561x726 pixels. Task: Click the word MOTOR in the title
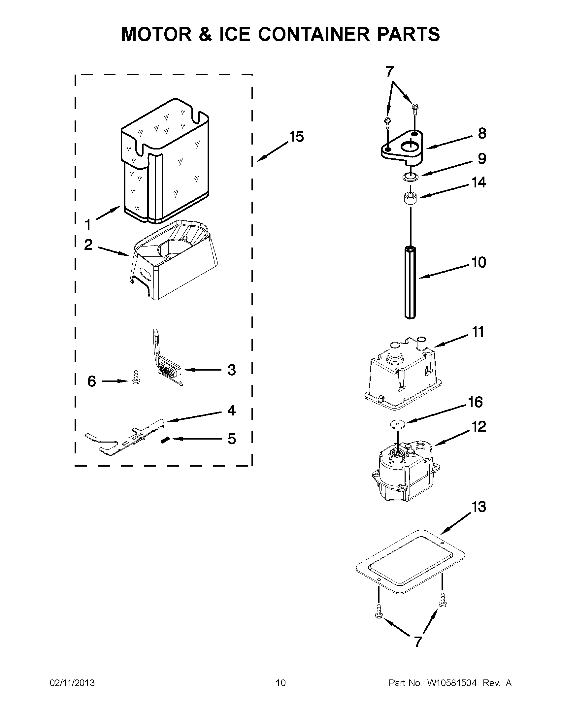[x=156, y=34]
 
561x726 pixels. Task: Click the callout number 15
[x=296, y=137]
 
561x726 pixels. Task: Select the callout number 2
[x=88, y=245]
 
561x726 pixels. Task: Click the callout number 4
[x=231, y=411]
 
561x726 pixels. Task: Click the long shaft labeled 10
[x=411, y=282]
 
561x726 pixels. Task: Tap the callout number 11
[x=478, y=332]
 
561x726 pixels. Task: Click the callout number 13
[x=479, y=507]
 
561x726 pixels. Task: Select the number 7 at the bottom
[x=418, y=642]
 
